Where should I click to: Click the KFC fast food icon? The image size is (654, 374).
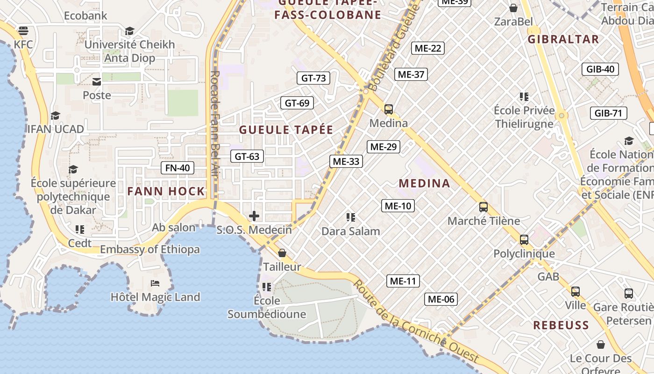tap(23, 31)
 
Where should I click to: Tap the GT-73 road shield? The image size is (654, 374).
tap(313, 78)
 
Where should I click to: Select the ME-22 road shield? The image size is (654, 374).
tap(428, 48)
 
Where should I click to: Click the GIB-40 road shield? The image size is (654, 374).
tap(600, 70)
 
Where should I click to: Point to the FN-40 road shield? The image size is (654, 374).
tap(178, 168)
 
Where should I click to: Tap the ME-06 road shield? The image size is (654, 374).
tap(441, 299)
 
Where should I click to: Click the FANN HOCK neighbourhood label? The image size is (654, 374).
tap(166, 191)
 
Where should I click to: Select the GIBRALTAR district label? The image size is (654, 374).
tap(563, 39)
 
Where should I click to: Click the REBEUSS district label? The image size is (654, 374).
tap(561, 325)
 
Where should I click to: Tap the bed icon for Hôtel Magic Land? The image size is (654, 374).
tap(155, 283)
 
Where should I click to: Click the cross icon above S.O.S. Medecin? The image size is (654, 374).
tap(254, 216)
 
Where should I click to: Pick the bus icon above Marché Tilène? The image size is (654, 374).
tap(483, 207)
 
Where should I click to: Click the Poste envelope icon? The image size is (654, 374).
tap(97, 82)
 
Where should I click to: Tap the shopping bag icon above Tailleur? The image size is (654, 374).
tap(282, 253)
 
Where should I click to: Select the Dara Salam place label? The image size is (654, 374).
tap(350, 231)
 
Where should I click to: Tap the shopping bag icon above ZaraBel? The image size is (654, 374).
tap(513, 8)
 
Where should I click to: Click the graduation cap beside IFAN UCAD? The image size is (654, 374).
tap(56, 115)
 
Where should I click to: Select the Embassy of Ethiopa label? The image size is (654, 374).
tap(149, 250)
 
